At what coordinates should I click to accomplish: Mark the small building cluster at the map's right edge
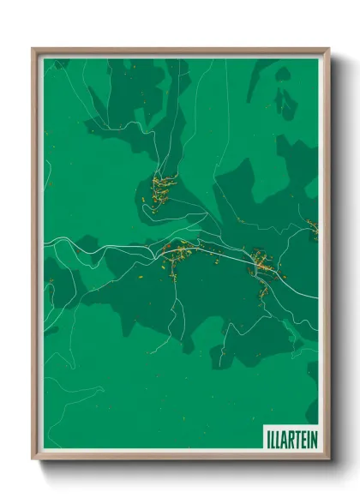312,228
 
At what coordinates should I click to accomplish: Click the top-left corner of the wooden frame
33,49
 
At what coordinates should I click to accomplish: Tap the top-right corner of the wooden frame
327,49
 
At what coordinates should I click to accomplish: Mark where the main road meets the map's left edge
45,243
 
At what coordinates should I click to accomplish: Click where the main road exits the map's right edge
316,297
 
